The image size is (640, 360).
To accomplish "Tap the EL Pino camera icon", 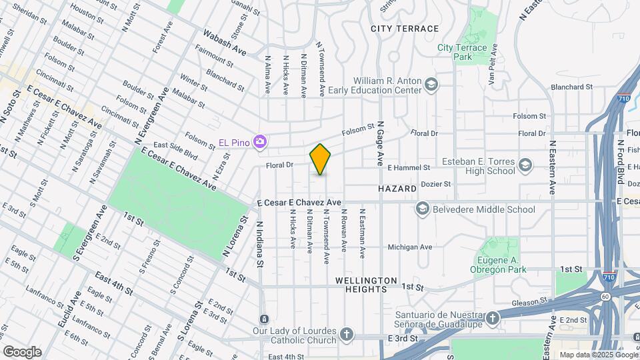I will pos(261,141).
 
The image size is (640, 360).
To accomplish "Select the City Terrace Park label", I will pos(467,52).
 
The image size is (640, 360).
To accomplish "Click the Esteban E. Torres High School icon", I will pos(525,165).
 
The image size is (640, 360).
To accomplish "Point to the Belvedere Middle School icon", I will pos(422,209).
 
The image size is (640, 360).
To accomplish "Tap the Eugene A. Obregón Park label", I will pos(502,265).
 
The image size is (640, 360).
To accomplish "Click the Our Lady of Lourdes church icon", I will pos(347,333).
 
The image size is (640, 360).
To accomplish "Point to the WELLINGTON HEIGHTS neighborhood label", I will pos(366,285).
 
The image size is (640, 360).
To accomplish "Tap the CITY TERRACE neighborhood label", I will pos(405,29).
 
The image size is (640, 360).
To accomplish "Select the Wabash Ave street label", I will pos(225,42).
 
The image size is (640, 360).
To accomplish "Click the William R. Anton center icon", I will pos(431,84).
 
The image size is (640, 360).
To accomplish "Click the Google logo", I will pos(23,351).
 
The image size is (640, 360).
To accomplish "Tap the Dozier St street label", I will pos(437,183).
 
